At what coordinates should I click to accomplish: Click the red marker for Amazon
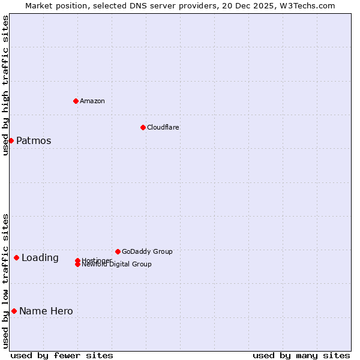click(76, 101)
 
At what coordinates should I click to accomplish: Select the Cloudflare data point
click(143, 127)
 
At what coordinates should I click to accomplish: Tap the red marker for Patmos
click(11, 140)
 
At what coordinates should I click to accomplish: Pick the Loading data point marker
click(16, 257)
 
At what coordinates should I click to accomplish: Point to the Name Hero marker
click(14, 311)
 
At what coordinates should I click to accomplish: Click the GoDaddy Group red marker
click(118, 251)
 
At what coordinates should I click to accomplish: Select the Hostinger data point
click(77, 260)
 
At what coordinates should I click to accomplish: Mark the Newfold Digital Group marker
click(77, 265)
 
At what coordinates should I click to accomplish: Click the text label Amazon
click(92, 101)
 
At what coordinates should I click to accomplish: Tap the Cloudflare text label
click(163, 127)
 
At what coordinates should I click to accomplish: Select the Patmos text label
click(34, 141)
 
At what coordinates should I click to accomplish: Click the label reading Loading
click(40, 258)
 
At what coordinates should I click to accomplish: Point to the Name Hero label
click(46, 311)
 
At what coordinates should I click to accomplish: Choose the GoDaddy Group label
click(147, 251)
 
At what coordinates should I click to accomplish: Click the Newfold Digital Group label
click(117, 265)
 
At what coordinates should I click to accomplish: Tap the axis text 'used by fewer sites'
click(62, 356)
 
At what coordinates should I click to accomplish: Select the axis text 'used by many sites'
click(301, 356)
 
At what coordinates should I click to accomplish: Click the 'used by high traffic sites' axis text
click(5, 85)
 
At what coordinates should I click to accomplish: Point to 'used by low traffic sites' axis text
click(5, 281)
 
